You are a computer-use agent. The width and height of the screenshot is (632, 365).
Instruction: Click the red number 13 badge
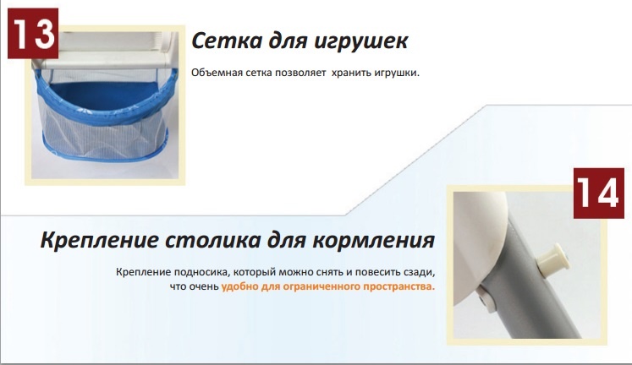pos(33,34)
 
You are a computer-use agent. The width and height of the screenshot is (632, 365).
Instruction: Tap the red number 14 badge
pos(598,193)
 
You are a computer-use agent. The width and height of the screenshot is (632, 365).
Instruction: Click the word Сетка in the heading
pos(227,41)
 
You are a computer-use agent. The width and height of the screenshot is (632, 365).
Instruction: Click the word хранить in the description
pos(351,74)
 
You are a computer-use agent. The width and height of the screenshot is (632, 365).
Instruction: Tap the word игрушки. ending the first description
pos(397,74)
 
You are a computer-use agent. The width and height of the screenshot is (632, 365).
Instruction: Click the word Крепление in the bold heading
pos(100,241)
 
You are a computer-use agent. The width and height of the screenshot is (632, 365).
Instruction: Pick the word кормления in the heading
pos(374,241)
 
